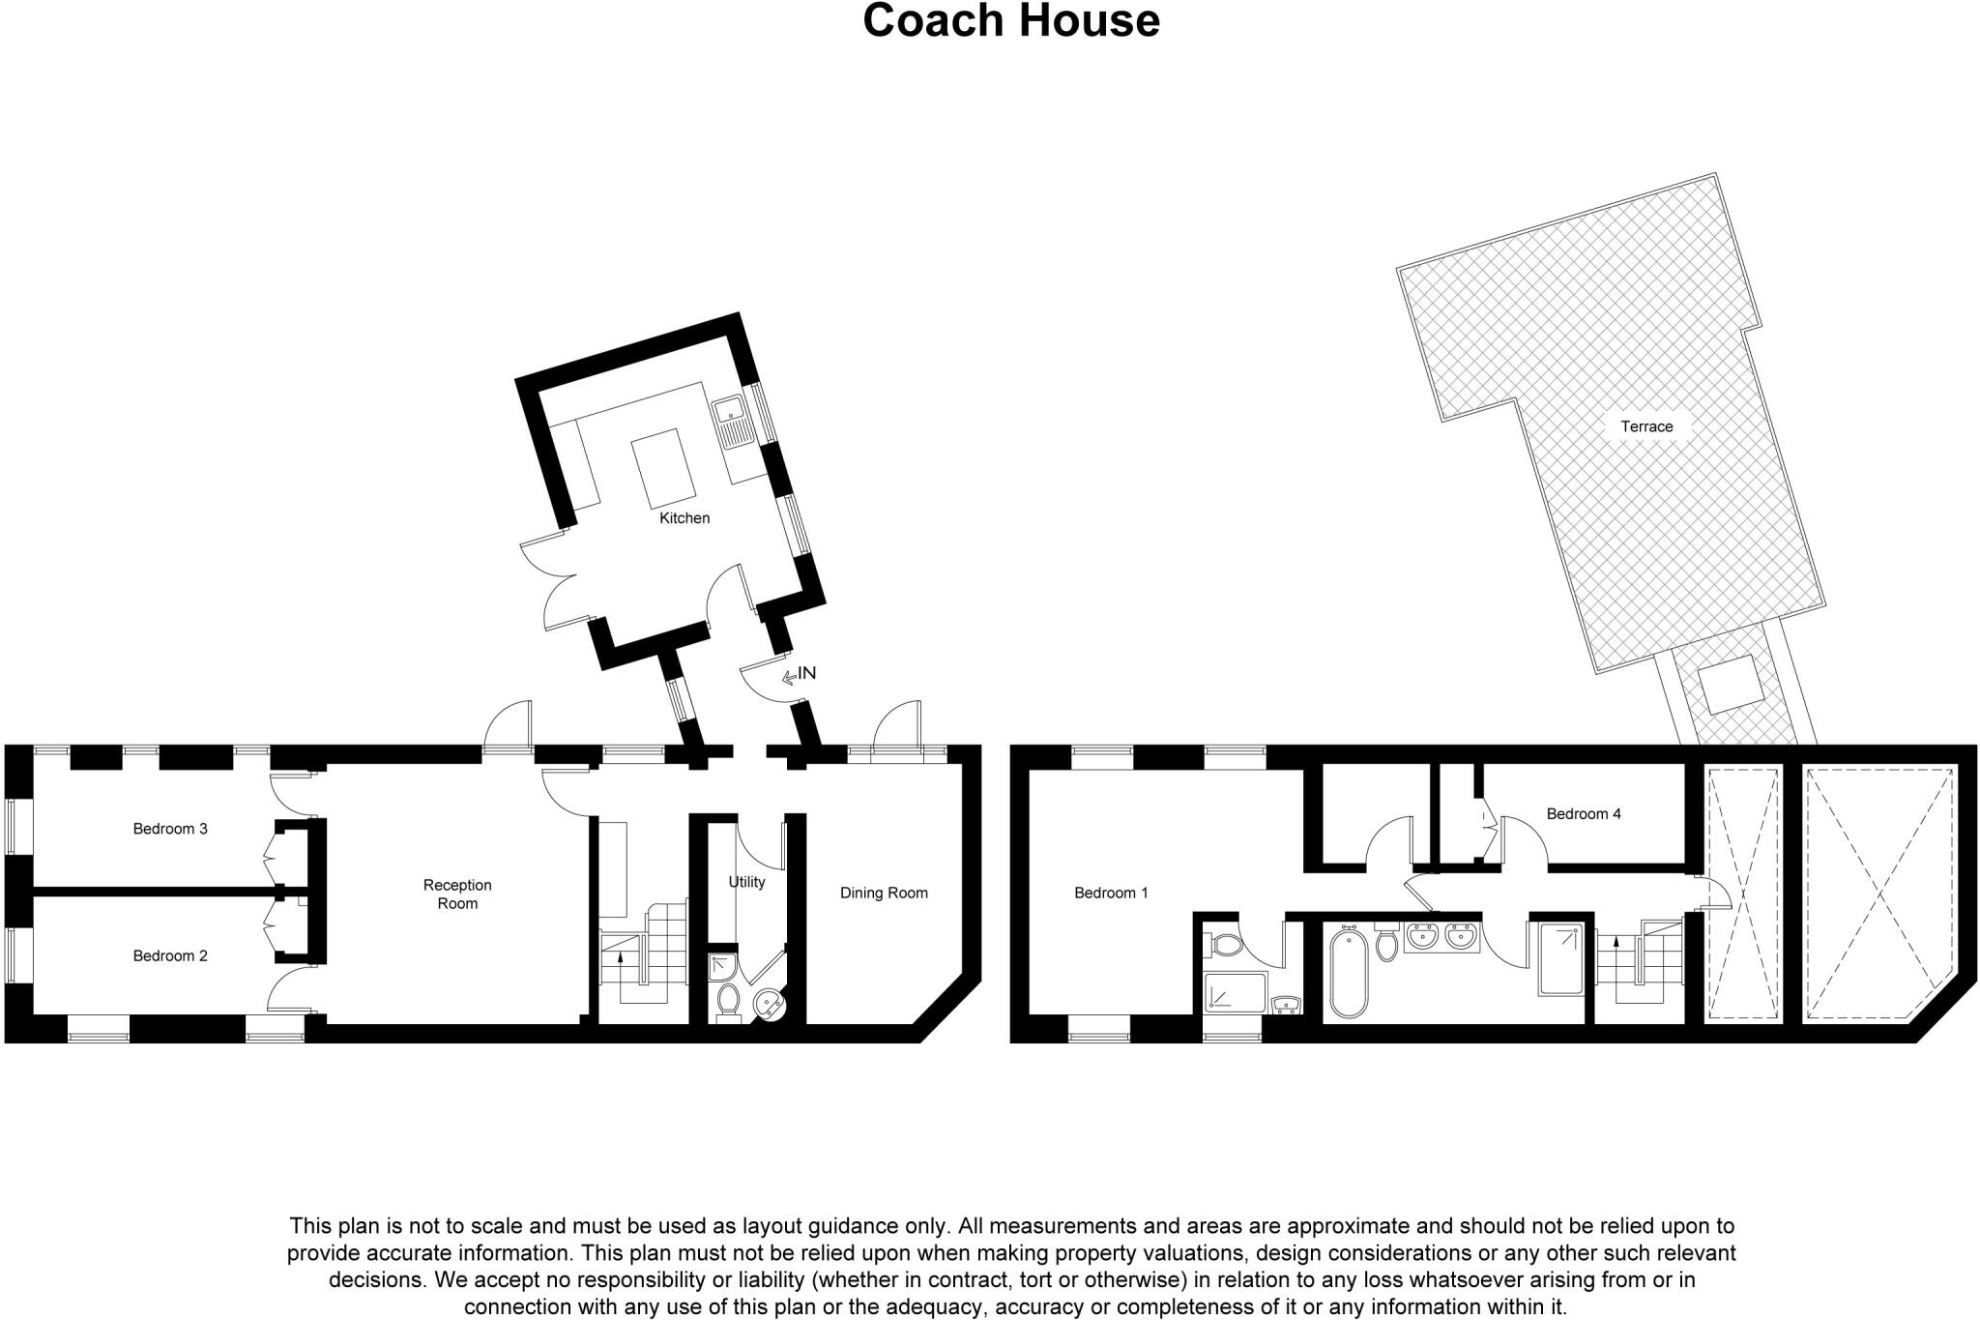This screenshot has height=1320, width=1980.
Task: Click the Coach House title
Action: pyautogui.click(x=1010, y=21)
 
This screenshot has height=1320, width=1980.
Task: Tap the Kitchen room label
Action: pyautogui.click(x=684, y=518)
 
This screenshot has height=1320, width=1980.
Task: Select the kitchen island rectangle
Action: pyautogui.click(x=664, y=469)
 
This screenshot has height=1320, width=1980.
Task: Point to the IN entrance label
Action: pyautogui.click(x=805, y=673)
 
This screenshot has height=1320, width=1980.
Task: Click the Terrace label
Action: pyautogui.click(x=1646, y=426)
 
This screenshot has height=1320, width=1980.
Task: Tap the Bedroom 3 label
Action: pyautogui.click(x=170, y=829)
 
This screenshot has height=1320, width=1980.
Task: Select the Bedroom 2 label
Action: pyautogui.click(x=170, y=956)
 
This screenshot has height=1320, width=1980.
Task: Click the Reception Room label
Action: pyautogui.click(x=457, y=895)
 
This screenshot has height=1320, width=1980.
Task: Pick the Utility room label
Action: pyautogui.click(x=746, y=882)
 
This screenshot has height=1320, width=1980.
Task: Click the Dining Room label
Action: pyautogui.click(x=884, y=894)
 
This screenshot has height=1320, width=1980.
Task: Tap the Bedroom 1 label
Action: pyautogui.click(x=1111, y=894)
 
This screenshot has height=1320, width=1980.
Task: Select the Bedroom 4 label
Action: pyautogui.click(x=1584, y=814)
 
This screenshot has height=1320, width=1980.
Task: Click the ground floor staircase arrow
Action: pyautogui.click(x=620, y=961)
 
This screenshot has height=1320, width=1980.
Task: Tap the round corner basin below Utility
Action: pyautogui.click(x=771, y=1005)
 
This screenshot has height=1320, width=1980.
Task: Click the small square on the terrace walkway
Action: pyautogui.click(x=1727, y=683)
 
